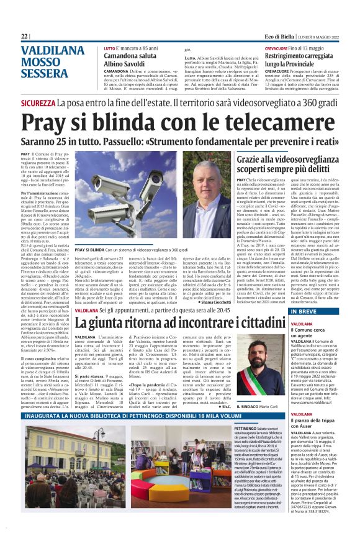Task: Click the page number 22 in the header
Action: [24, 37]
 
